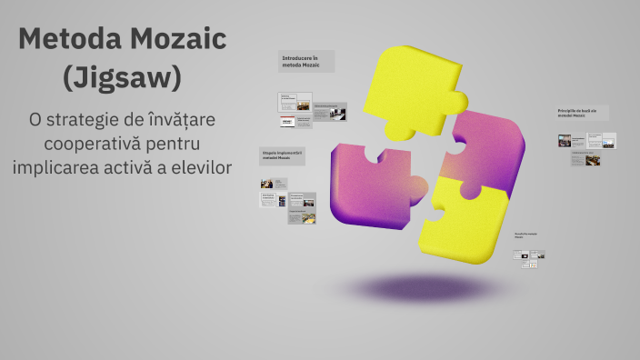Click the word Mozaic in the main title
(x=174, y=40)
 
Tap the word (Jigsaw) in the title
(x=122, y=78)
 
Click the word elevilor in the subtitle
(x=199, y=167)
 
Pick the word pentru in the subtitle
(x=174, y=144)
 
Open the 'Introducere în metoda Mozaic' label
(x=306, y=62)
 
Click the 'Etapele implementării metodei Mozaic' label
(x=282, y=156)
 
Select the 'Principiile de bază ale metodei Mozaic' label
(x=582, y=113)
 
